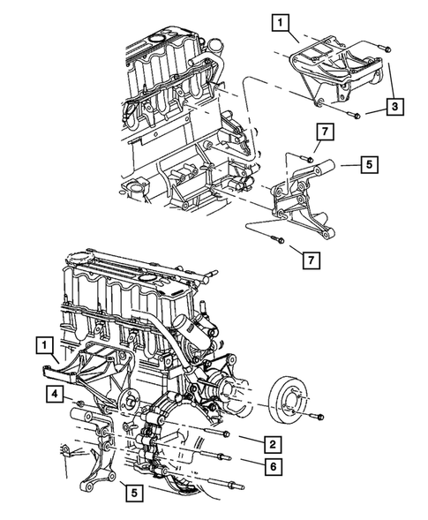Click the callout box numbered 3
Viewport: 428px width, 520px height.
point(394,107)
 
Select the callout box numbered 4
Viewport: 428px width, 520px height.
point(55,394)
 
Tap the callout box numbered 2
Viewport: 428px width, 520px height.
point(273,444)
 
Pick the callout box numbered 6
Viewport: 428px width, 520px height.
point(274,467)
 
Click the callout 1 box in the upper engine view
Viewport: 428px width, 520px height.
point(281,23)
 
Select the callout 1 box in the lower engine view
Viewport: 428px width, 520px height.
point(45,346)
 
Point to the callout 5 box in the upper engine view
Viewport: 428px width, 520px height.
point(370,164)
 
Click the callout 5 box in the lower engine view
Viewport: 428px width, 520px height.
point(134,493)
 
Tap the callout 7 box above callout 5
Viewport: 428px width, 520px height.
point(325,132)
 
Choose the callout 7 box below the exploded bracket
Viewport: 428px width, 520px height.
point(311,260)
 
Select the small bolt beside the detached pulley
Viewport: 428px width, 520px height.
point(316,416)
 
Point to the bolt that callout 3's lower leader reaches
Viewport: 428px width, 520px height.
point(354,115)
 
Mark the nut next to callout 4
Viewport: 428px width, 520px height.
point(79,403)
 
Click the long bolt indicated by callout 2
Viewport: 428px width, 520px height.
point(209,430)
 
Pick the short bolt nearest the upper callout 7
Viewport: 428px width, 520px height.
point(307,158)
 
